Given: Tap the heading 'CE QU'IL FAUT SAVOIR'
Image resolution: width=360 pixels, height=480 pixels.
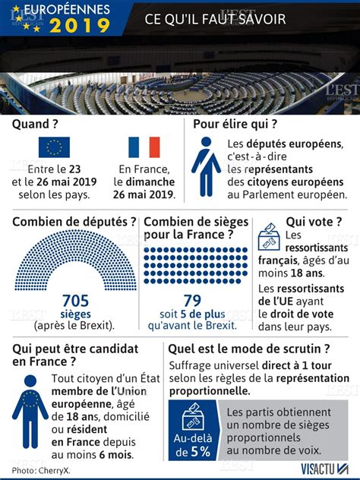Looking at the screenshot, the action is (216, 19).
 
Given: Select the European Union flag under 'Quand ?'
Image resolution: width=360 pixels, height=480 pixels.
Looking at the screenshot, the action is (54, 147).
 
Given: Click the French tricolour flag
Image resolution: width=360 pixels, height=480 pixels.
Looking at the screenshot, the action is (144, 147).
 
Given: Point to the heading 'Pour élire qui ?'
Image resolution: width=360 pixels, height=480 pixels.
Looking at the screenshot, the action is (235, 124).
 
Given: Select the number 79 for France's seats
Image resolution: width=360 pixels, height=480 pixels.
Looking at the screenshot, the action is (192, 301).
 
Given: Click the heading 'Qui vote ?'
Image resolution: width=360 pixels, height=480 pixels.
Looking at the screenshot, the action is (314, 222).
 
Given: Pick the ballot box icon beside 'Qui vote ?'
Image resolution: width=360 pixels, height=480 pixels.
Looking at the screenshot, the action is (269, 237).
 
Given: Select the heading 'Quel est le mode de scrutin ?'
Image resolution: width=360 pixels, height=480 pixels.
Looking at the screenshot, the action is (249, 349).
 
